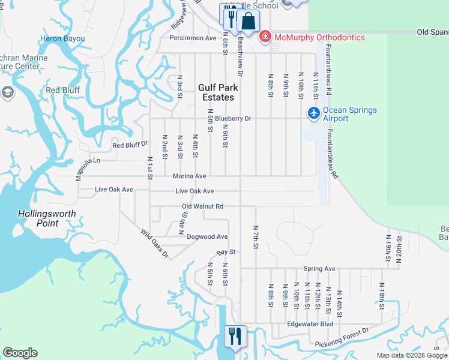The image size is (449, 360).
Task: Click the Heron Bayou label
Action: click(62, 39)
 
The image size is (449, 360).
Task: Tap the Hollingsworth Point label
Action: click(38, 218)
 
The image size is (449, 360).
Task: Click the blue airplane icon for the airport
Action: click(313, 113)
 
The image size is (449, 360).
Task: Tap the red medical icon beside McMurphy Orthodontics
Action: click(265, 37)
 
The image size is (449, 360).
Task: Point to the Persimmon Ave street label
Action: click(193, 38)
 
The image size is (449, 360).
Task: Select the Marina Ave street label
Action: click(189, 176)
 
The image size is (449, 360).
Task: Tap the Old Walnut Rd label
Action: click(203, 206)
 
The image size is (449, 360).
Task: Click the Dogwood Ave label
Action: click(207, 237)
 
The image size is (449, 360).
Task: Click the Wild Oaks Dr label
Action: click(155, 244)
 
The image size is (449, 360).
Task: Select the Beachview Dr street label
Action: click(240, 57)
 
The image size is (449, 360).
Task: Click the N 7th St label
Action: click(256, 235)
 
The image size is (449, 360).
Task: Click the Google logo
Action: click(20, 353)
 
